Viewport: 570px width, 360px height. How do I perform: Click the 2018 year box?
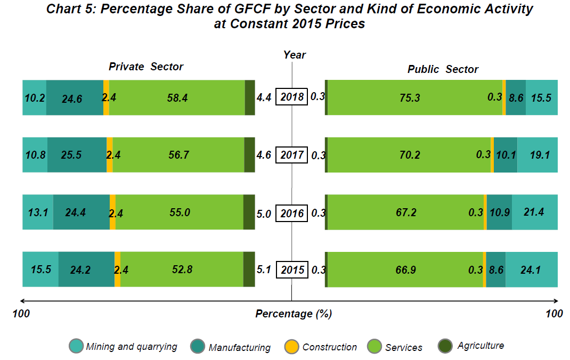291,97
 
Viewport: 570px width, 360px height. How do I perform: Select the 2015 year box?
291,269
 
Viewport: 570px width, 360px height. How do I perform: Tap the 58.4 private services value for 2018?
177,97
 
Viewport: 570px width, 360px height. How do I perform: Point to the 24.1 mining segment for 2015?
531,270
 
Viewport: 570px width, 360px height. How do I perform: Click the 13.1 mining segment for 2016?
38,212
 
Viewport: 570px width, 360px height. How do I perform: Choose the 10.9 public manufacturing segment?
500,212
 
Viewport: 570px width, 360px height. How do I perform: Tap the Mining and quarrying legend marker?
77,346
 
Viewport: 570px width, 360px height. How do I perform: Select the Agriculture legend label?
481,346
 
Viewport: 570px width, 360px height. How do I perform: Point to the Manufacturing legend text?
240,348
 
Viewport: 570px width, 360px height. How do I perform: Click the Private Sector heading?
146,67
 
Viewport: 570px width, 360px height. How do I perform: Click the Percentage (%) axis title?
294,314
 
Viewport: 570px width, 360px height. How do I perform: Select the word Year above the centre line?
295,55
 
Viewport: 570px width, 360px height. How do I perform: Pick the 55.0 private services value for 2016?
180,212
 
